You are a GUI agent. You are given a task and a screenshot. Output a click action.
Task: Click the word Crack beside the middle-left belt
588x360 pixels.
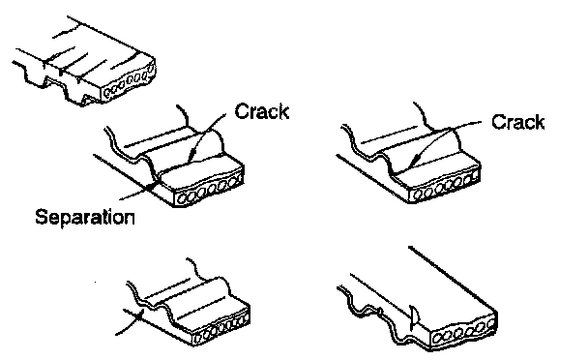(262, 111)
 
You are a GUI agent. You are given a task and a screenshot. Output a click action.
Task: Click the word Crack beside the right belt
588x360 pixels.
(517, 122)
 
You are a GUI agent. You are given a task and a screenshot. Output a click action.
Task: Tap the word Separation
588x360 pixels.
(85, 217)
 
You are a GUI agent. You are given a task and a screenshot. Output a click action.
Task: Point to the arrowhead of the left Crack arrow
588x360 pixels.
(191, 157)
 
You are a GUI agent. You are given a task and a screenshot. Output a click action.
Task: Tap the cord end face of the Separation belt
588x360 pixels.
(209, 187)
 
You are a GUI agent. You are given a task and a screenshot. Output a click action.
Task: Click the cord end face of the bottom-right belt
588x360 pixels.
(463, 332)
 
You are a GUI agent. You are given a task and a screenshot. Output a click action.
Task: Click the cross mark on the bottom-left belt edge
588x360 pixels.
(137, 317)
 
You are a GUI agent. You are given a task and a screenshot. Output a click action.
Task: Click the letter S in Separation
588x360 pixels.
(42, 217)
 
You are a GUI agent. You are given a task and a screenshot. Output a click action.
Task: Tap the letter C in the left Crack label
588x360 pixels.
(242, 111)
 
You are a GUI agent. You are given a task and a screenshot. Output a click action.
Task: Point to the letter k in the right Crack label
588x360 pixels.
(539, 122)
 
